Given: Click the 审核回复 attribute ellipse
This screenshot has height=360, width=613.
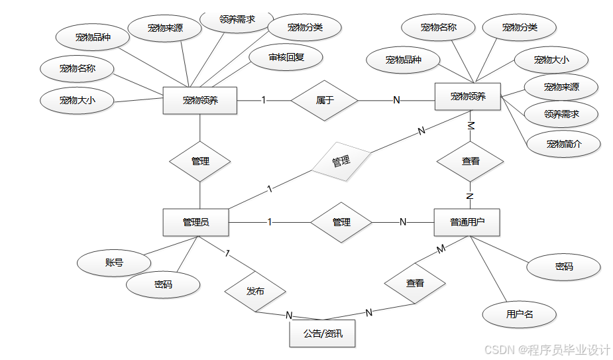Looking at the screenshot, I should pyautogui.click(x=286, y=58).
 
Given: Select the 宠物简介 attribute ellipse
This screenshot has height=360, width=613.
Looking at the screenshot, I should pyautogui.click(x=563, y=144).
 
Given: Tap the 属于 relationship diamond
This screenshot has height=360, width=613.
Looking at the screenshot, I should pyautogui.click(x=325, y=101).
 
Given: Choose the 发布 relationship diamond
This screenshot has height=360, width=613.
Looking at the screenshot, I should pyautogui.click(x=255, y=291).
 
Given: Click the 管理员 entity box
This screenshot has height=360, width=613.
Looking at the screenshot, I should pyautogui.click(x=195, y=222).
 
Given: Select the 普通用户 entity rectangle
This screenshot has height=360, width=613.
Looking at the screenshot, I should pyautogui.click(x=467, y=222).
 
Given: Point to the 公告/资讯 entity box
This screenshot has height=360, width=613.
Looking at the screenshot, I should pyautogui.click(x=323, y=333).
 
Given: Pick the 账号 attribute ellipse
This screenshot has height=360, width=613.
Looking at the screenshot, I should pyautogui.click(x=114, y=263).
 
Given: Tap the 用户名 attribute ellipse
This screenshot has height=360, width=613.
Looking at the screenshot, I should pyautogui.click(x=519, y=314).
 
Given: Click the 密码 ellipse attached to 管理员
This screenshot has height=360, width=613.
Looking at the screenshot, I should pyautogui.click(x=163, y=284).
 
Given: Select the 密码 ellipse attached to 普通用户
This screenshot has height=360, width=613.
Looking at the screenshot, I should pyautogui.click(x=563, y=267).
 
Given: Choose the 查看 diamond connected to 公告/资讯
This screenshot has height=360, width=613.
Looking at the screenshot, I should pyautogui.click(x=415, y=283).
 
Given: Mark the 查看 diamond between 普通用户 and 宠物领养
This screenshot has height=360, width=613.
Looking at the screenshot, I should pyautogui.click(x=471, y=161).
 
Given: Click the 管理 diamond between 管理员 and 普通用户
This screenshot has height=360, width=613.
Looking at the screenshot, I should pyautogui.click(x=341, y=222).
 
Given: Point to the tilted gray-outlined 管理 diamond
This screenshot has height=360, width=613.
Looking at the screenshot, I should pyautogui.click(x=341, y=161).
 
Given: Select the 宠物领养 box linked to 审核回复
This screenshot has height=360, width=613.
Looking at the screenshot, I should pyautogui.click(x=199, y=101).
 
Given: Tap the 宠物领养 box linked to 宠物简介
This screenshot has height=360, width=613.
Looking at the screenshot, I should pyautogui.click(x=467, y=96).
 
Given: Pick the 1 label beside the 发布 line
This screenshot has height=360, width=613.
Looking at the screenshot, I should pyautogui.click(x=227, y=253).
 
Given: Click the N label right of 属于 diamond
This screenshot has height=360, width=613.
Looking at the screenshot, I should pyautogui.click(x=396, y=100).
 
